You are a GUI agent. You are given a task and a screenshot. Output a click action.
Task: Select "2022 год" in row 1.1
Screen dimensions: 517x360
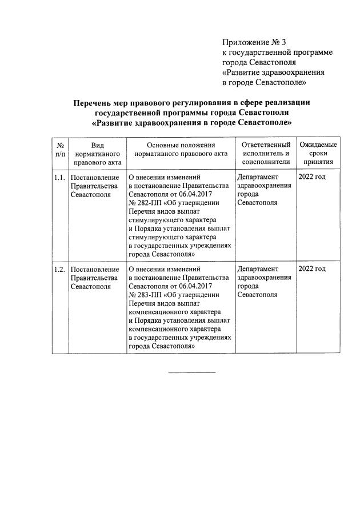tap(312, 177)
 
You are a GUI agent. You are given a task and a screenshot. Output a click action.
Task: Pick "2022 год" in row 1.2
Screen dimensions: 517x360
tap(312, 269)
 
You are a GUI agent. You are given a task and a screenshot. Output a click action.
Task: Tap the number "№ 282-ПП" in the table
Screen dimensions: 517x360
tap(145, 203)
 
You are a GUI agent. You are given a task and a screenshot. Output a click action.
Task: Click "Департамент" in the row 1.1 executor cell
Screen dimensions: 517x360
tap(258, 177)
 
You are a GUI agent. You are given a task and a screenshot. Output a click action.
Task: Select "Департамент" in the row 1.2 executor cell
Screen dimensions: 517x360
tap(258, 269)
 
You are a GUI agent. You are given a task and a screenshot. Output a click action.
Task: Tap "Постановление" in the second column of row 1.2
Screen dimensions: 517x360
tap(95, 269)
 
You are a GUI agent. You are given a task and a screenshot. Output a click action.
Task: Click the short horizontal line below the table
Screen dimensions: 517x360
tap(191, 372)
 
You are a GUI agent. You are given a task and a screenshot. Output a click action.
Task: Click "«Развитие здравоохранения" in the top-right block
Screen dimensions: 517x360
tap(273, 73)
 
